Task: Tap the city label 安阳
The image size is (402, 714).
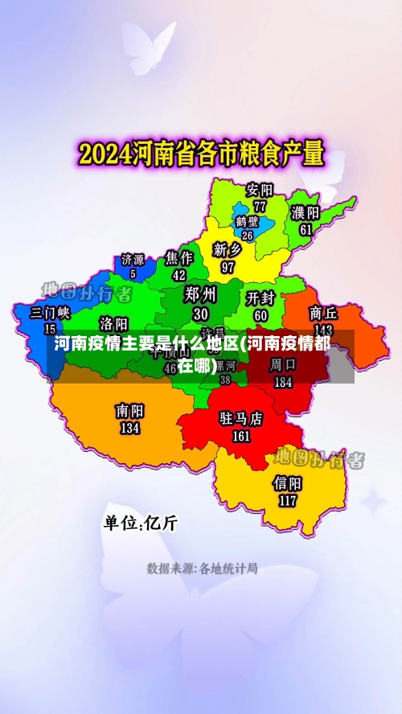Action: coord(260,191)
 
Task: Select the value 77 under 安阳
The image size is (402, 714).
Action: coord(260,206)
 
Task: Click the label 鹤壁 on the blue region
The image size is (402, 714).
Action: coord(247,221)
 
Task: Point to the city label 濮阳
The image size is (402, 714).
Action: coord(306,213)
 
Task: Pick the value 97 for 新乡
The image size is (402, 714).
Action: coord(228,266)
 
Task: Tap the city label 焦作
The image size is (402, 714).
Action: coord(179,258)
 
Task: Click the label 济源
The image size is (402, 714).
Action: coord(133,260)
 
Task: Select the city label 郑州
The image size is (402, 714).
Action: coord(200,293)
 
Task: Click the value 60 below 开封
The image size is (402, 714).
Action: coord(260,314)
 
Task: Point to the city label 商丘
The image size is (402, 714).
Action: coord(323,313)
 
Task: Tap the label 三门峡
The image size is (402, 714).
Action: coord(50,313)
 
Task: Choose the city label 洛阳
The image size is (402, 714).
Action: coord(113,323)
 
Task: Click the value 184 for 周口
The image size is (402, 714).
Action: coord(283,382)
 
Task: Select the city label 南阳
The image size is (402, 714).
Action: coord(129,412)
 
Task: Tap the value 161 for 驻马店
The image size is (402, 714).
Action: coord(241,436)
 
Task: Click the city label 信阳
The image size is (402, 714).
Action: coord(287,483)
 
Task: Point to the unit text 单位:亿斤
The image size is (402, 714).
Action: coord(140,523)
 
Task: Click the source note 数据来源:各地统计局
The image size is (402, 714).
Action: coord(202,568)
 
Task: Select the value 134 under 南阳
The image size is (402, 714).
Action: coord(129,428)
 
